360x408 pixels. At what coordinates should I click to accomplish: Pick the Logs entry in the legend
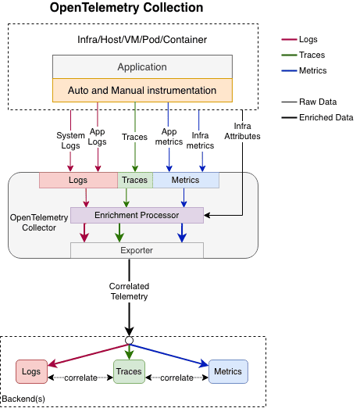tap(309, 38)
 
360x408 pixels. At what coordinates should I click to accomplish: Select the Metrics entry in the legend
tap(313, 70)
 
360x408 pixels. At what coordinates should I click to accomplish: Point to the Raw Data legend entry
tap(319, 102)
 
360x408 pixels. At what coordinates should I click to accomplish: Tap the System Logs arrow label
tap(70, 140)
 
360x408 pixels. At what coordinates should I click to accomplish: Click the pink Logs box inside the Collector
tap(78, 181)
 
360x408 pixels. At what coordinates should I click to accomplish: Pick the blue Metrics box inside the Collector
tap(185, 181)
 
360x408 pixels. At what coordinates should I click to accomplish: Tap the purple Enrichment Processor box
tap(137, 214)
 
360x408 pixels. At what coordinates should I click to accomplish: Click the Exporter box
tap(137, 250)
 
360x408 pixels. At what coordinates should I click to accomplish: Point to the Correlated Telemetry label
tap(129, 292)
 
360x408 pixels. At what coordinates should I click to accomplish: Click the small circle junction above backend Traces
tap(129, 340)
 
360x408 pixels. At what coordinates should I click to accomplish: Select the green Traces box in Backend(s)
tap(130, 371)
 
